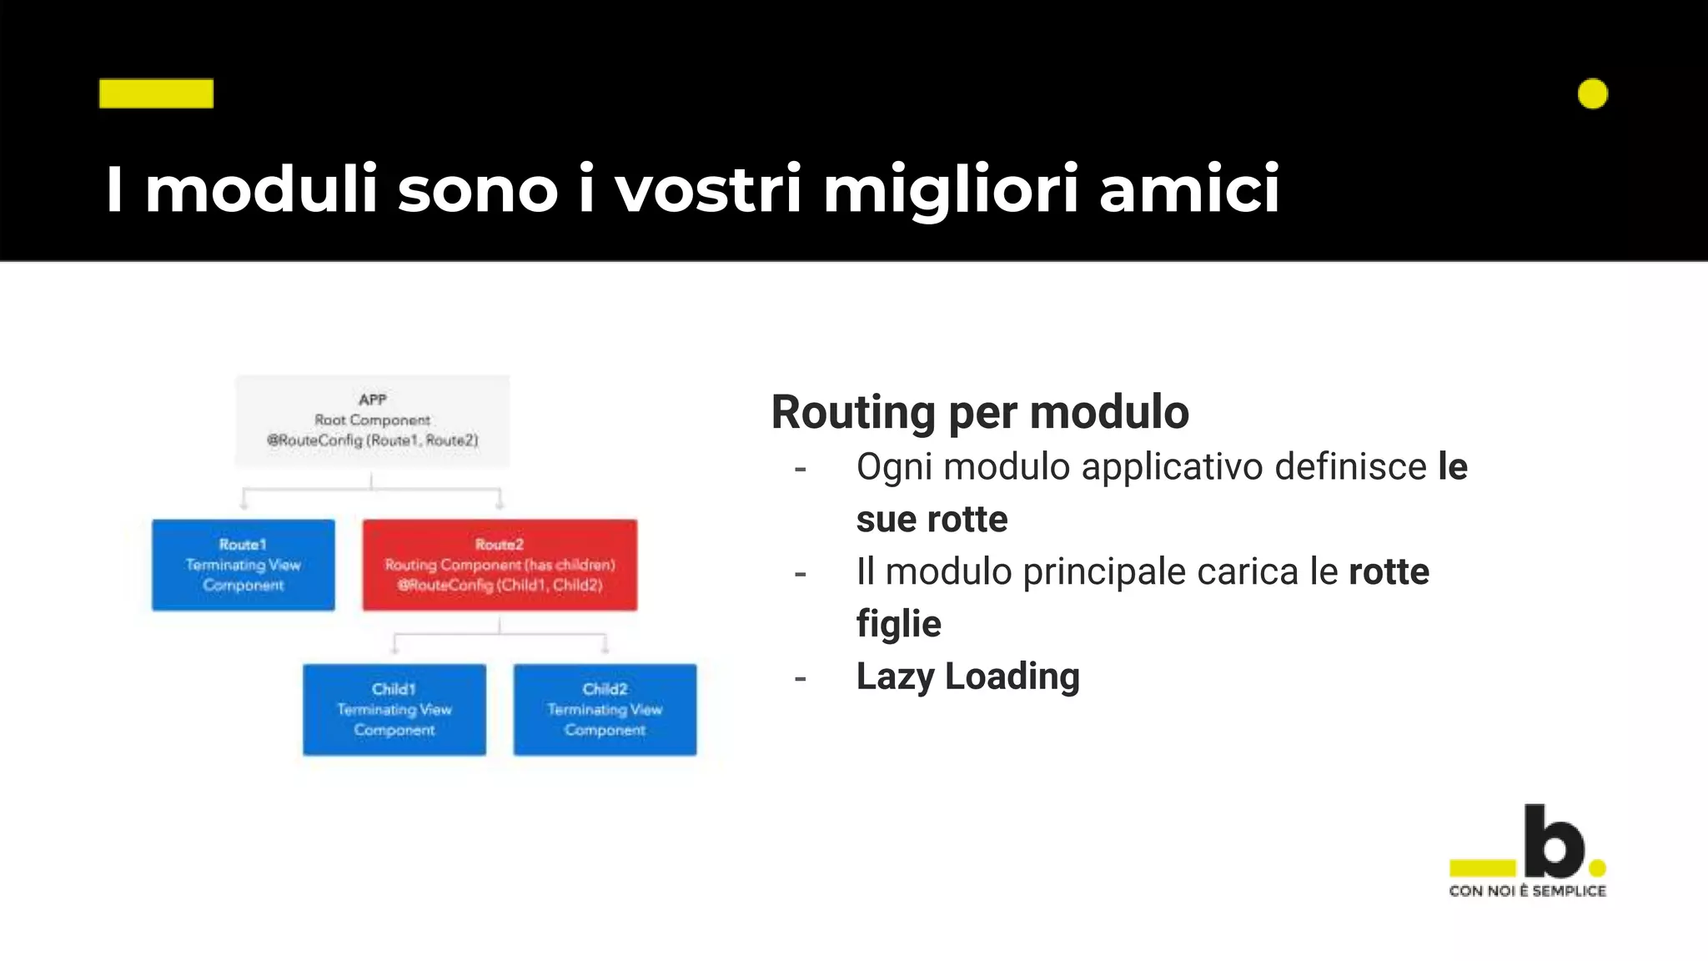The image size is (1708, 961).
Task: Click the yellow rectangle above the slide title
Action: pos(156,93)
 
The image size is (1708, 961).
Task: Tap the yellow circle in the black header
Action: pos(1592,93)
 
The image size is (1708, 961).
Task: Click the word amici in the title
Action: pos(1188,189)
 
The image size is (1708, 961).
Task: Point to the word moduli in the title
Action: pos(261,189)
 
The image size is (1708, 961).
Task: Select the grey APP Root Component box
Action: pos(372,420)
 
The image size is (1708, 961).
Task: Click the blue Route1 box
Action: pos(244,565)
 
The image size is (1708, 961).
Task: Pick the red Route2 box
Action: pos(500,565)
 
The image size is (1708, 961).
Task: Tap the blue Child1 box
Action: pos(394,710)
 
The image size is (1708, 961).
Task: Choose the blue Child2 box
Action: pos(605,710)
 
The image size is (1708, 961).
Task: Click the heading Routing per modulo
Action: pos(980,412)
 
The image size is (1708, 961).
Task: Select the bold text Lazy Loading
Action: pos(967,677)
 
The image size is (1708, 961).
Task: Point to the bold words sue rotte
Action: pos(932,520)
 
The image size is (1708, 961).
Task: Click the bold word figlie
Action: pos(898,624)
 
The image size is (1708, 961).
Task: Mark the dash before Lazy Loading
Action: pos(801,678)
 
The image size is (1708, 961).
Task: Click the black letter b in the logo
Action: pos(1554,841)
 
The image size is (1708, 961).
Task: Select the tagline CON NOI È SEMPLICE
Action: pos(1527,891)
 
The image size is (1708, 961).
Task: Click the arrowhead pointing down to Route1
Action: pos(244,505)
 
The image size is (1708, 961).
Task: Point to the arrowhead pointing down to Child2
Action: pos(605,649)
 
